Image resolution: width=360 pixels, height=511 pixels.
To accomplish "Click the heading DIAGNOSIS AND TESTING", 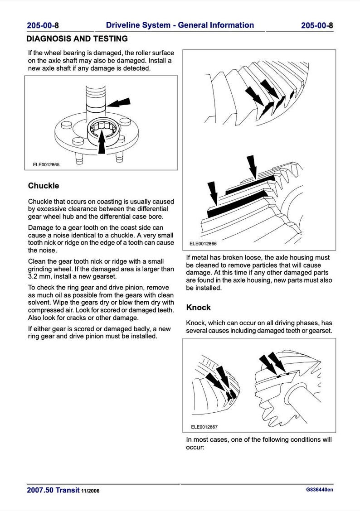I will pos(77,39).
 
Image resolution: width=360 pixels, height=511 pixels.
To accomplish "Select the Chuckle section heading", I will pos(44,186).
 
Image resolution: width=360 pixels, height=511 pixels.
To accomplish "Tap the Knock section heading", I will pos(199,308).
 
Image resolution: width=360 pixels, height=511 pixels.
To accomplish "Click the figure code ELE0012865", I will pos(46,165).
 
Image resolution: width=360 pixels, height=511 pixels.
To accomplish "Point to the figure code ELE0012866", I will pos(204,244).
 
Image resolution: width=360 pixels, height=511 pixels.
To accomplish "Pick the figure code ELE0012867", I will pos(204,427).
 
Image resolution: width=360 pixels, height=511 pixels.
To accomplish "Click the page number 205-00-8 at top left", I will pos(43,26).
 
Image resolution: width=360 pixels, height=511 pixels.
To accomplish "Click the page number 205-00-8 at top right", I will pos(316,26).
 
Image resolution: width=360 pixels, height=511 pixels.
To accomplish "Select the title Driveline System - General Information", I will pos(180,25).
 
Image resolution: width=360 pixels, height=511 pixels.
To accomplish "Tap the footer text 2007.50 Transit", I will pos(53,491).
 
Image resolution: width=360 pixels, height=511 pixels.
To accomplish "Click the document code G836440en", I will pos(319,490).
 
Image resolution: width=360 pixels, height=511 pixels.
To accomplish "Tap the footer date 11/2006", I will pos(91,491).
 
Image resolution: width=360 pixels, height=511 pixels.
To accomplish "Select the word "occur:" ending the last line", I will pos(195,447).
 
